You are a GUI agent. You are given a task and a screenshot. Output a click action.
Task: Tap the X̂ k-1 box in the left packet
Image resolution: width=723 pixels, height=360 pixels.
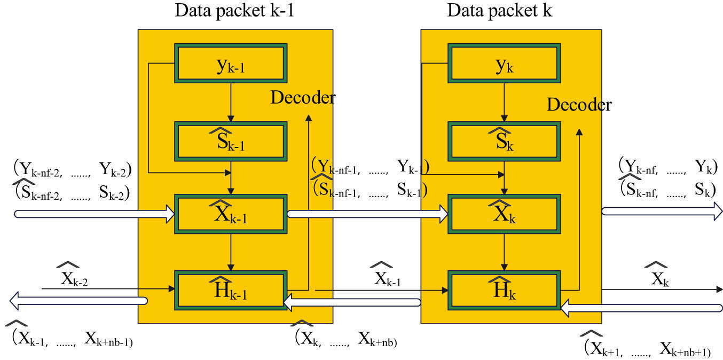231,214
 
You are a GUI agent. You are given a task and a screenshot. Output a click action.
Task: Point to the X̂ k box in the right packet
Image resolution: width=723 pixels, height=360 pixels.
503,214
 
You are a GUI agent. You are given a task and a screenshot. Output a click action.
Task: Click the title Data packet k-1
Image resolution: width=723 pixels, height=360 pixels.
234,11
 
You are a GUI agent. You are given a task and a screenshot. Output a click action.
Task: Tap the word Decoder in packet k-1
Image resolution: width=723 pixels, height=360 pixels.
303,97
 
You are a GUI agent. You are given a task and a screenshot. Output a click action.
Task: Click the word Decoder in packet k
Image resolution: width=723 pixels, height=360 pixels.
579,105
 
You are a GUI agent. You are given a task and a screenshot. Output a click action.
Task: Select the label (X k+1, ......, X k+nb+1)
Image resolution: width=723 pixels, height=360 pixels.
648,348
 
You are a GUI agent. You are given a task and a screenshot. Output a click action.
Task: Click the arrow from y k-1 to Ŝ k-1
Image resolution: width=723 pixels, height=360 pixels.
231,99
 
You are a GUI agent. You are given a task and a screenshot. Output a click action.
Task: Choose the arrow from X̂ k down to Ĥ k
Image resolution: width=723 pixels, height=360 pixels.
503,251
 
